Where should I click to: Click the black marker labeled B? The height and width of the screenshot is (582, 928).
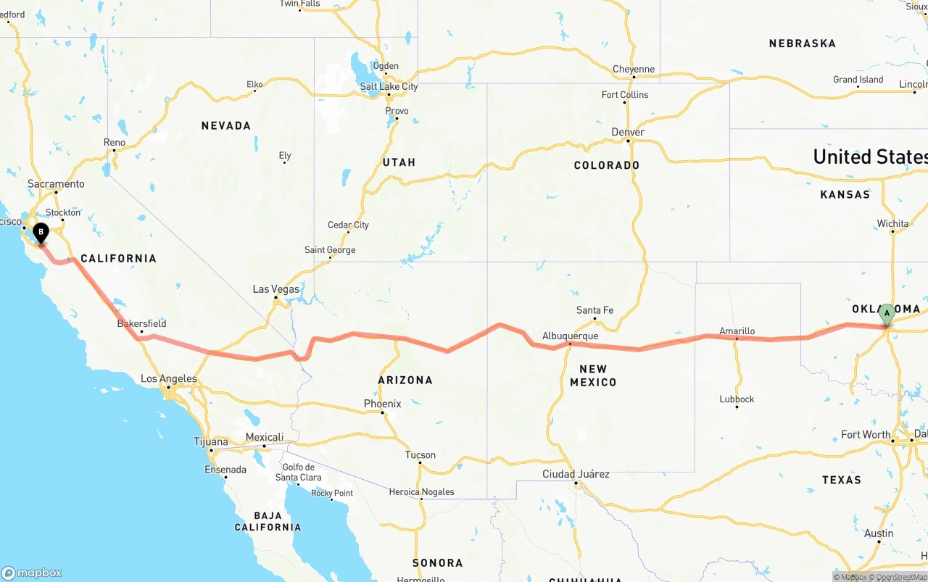pyautogui.click(x=41, y=233)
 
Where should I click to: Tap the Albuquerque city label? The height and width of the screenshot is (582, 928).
pyautogui.click(x=570, y=336)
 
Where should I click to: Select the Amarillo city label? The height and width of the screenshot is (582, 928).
pyautogui.click(x=737, y=331)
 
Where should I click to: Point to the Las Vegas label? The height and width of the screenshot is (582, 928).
pyautogui.click(x=275, y=289)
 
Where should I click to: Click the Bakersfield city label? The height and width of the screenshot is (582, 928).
pyautogui.click(x=141, y=323)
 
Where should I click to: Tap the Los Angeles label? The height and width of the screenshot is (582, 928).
pyautogui.click(x=168, y=378)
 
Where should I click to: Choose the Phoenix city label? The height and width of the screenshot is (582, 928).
pyautogui.click(x=382, y=404)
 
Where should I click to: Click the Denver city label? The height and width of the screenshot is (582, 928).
pyautogui.click(x=627, y=132)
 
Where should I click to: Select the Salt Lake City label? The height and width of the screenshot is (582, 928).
pyautogui.click(x=389, y=86)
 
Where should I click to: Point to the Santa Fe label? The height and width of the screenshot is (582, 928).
pyautogui.click(x=594, y=310)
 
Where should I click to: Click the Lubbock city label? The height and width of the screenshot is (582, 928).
pyautogui.click(x=737, y=399)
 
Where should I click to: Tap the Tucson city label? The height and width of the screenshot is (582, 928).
pyautogui.click(x=420, y=455)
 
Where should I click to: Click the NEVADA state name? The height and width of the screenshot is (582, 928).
pyautogui.click(x=226, y=125)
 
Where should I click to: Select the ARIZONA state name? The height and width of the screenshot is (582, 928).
pyautogui.click(x=405, y=380)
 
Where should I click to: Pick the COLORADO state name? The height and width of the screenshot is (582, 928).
pyautogui.click(x=606, y=165)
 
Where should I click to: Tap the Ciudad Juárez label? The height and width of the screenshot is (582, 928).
pyautogui.click(x=576, y=474)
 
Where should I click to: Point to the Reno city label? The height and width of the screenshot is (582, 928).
pyautogui.click(x=115, y=142)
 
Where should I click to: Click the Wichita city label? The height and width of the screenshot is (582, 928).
pyautogui.click(x=892, y=223)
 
